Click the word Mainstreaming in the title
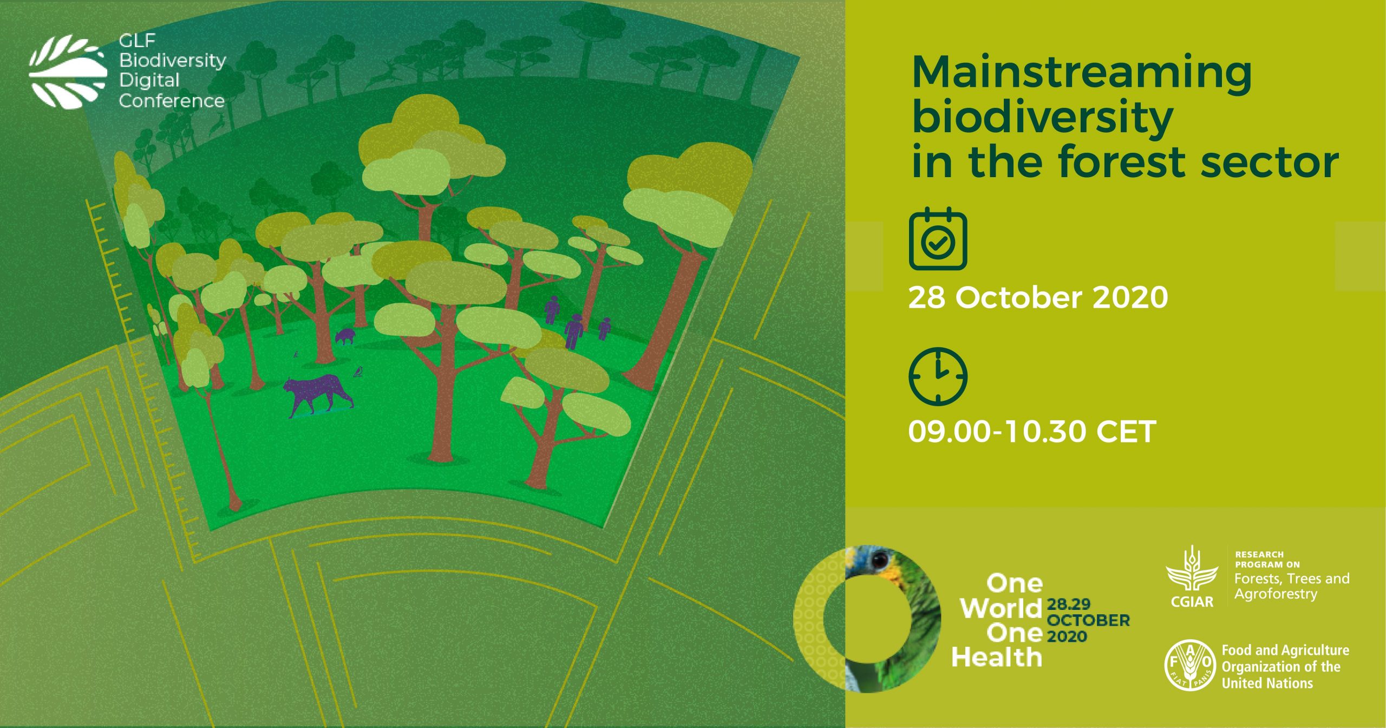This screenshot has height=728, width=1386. pyautogui.click(x=1081, y=73)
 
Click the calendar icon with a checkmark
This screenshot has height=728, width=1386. pyautogui.click(x=938, y=239)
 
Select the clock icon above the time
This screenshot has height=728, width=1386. pyautogui.click(x=938, y=376)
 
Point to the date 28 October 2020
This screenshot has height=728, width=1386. pyautogui.click(x=1038, y=297)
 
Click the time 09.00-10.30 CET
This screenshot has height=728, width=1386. pyautogui.click(x=1032, y=432)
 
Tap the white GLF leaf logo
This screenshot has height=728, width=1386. pyautogui.click(x=68, y=72)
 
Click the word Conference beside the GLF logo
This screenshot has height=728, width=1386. pyautogui.click(x=172, y=101)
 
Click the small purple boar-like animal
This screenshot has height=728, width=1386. pyautogui.click(x=345, y=336)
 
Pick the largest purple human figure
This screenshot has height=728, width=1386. pyautogui.click(x=574, y=330)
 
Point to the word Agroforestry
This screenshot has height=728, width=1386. pyautogui.click(x=1275, y=594)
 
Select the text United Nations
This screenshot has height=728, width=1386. pyautogui.click(x=1267, y=684)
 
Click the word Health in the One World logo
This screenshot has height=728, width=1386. pyautogui.click(x=997, y=658)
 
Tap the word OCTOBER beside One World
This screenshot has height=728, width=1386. pyautogui.click(x=1088, y=620)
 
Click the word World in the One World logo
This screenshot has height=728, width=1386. pyautogui.click(x=1001, y=608)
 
